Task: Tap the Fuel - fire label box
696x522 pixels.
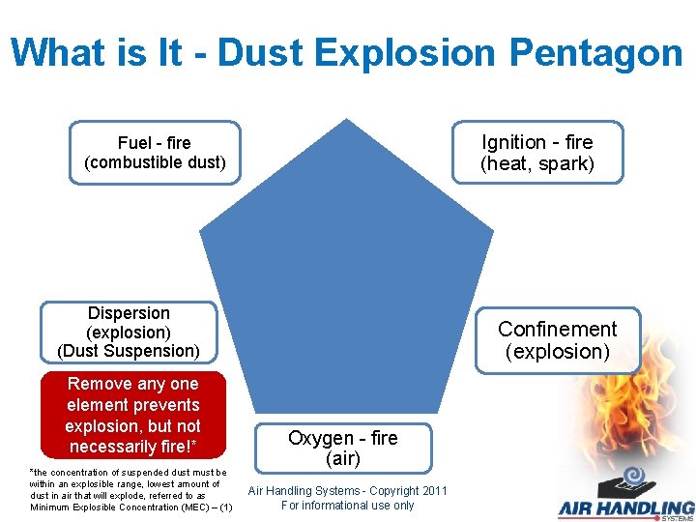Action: point(155,152)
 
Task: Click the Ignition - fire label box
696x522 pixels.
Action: point(537,153)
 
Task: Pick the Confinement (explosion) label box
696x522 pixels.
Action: point(557,340)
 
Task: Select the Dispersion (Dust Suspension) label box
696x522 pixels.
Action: point(129,332)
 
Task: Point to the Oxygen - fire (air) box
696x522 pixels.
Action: point(343,449)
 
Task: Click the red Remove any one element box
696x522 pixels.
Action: point(132,415)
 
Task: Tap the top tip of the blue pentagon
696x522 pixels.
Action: point(347,122)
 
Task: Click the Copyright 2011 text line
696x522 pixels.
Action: point(348,491)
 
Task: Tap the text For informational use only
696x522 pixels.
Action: point(348,505)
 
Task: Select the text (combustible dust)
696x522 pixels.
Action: point(155,162)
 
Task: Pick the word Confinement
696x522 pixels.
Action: point(557,330)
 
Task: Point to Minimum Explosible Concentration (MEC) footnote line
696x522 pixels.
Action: point(130,507)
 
